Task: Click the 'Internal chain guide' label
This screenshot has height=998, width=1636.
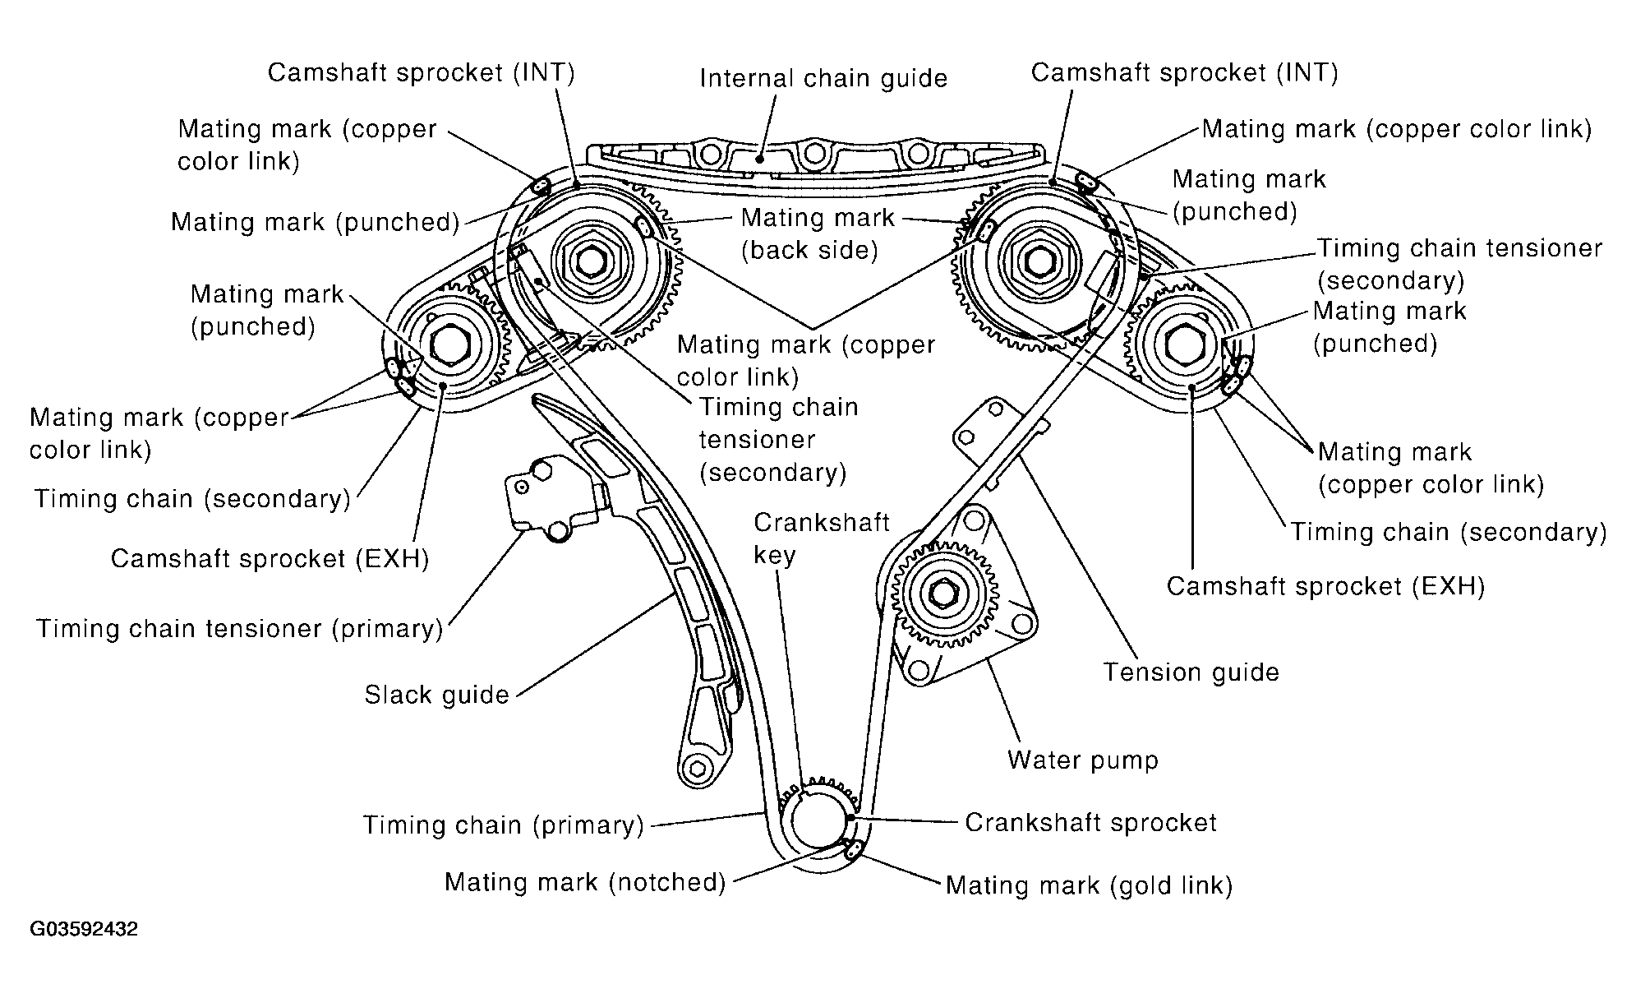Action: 823,79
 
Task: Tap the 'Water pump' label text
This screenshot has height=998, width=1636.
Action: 1083,760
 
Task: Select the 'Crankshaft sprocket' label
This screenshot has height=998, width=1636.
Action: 1090,823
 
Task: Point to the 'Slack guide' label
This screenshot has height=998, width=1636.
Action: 437,695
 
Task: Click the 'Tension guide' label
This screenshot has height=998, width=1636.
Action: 1191,672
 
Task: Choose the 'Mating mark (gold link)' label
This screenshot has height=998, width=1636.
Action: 1090,885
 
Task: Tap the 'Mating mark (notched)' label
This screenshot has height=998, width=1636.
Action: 585,882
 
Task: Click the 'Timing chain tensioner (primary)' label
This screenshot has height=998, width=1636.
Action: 240,629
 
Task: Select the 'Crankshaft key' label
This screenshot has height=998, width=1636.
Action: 822,539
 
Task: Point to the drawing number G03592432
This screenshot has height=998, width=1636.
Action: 84,930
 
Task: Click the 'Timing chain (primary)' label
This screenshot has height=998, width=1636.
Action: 504,825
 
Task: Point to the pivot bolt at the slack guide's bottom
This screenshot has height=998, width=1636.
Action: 697,769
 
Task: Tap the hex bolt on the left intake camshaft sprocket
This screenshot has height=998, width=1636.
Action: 591,261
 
